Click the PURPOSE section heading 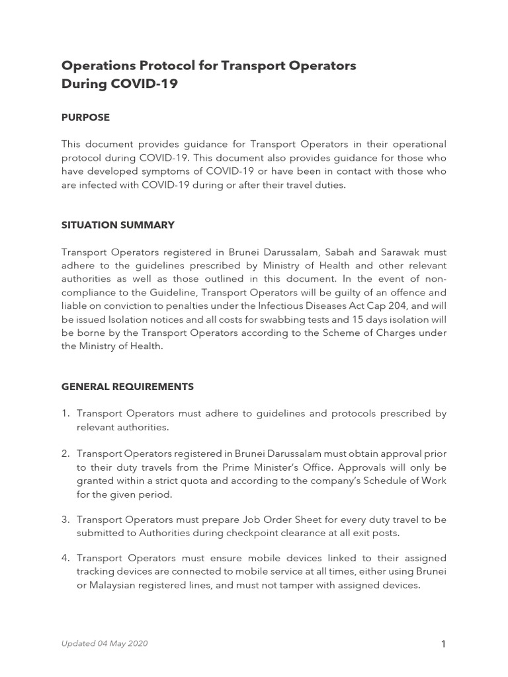coord(85,118)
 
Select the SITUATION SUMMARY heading coord(118,225)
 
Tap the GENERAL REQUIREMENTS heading coord(127,386)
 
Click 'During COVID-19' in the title coord(119,84)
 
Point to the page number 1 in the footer coord(443,645)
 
